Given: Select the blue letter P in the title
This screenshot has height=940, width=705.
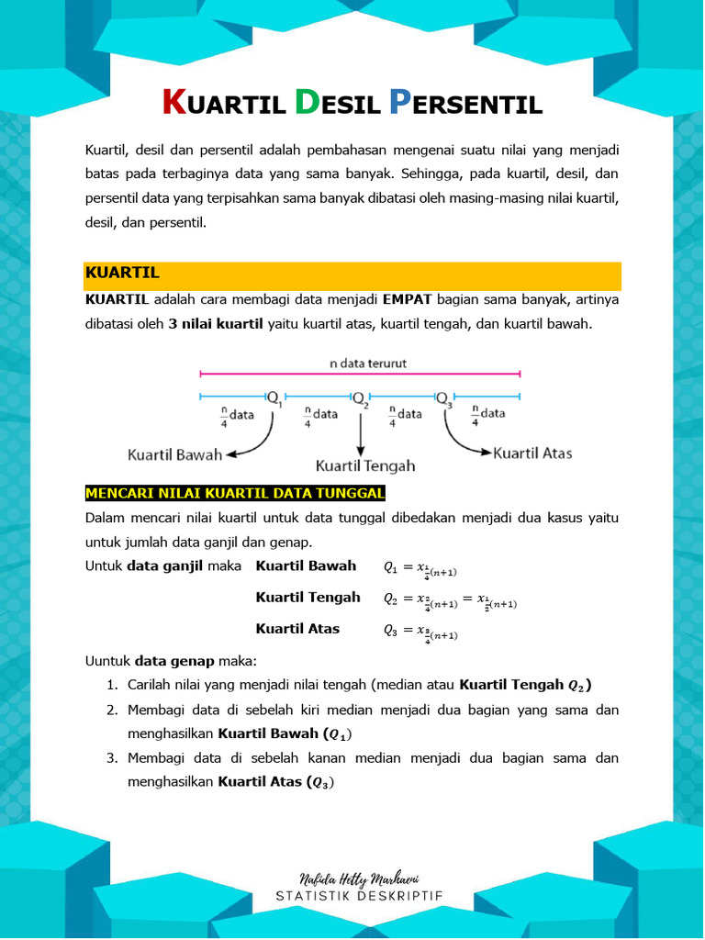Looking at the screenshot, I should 398,102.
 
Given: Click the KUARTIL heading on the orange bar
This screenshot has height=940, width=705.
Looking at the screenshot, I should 122,273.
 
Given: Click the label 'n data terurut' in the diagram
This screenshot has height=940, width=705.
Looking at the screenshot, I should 368,363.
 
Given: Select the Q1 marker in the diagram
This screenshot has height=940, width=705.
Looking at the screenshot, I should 274,397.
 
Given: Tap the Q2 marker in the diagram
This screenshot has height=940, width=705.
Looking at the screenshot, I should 360,397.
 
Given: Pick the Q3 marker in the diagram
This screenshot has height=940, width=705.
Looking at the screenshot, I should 443,397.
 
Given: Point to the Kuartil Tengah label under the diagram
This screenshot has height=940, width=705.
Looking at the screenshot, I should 365,465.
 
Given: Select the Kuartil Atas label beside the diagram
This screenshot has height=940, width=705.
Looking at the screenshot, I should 532,453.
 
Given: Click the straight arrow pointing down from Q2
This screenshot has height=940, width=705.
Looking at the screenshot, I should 361,431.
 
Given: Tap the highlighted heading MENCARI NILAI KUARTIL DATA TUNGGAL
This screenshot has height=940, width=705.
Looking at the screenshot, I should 235,493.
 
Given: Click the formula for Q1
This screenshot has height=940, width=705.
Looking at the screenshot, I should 420,568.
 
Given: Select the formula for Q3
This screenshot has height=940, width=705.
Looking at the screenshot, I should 420,632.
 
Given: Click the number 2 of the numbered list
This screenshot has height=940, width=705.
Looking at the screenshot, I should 111,710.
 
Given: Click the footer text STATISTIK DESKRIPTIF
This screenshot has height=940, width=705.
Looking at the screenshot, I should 361,897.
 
